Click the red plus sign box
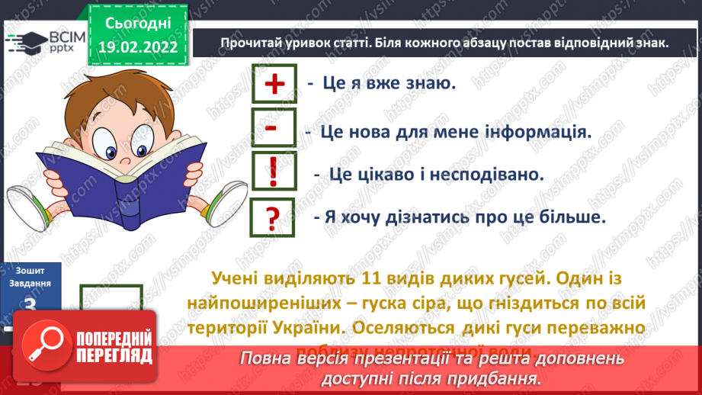[272, 84]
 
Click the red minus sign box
[272, 128]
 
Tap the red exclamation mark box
[272, 174]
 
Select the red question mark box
[272, 219]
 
